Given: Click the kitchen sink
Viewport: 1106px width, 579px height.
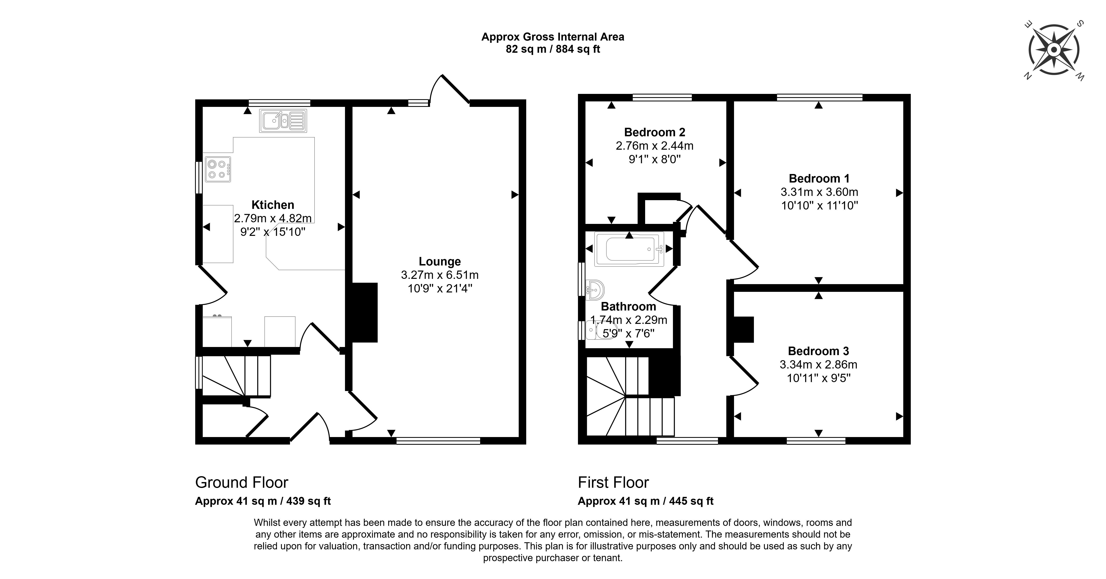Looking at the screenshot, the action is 283,121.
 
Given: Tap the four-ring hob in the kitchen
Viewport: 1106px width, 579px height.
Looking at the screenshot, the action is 218,169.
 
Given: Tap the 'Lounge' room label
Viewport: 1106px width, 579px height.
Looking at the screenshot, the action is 440,261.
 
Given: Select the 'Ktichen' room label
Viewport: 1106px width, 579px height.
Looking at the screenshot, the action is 273,205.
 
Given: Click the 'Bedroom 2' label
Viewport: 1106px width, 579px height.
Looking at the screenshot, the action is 654,132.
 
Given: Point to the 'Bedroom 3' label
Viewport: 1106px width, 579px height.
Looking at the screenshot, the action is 818,351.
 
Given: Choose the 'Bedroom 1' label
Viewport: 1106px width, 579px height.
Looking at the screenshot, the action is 819,178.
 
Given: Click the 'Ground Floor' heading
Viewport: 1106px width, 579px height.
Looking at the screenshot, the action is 242,482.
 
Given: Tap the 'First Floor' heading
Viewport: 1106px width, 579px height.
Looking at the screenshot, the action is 613,482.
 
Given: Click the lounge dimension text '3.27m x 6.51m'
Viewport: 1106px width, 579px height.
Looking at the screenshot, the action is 440,275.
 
